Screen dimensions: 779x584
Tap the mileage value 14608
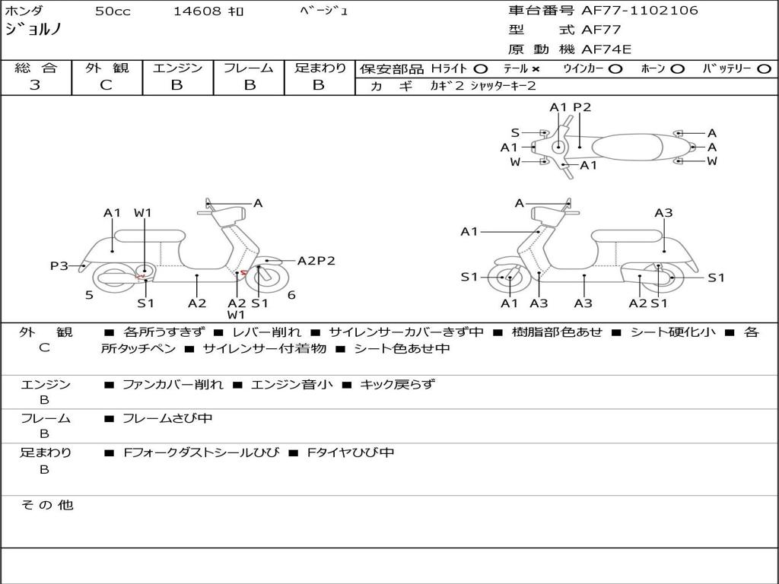coord(197,11)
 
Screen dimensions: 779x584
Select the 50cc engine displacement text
coord(113,11)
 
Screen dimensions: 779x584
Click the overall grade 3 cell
coord(35,85)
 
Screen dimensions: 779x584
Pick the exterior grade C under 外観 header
coord(106,85)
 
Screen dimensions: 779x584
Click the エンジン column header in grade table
coord(177,68)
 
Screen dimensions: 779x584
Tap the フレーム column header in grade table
coord(248,68)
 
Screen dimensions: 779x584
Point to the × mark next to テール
coord(536,68)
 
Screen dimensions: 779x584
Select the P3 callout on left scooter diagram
coord(59,265)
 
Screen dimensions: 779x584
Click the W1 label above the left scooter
coord(143,213)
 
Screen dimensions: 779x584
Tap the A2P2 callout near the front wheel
coord(316,261)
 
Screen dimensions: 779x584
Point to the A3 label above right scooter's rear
coord(663,213)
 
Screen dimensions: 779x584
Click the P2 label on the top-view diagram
coord(582,107)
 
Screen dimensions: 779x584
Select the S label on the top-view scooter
coord(515,133)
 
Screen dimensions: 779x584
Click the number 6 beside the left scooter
coord(291,295)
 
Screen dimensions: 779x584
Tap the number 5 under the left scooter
coord(89,295)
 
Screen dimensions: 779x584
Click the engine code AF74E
coord(606,50)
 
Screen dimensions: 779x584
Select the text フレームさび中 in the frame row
coord(167,418)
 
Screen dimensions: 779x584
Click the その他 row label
coord(46,505)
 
